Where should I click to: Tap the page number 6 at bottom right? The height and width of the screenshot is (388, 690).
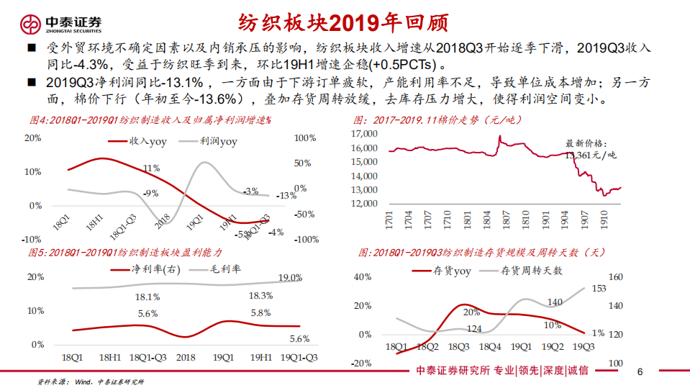pos(640,371)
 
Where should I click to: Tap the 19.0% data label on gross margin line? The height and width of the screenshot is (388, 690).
pos(289,278)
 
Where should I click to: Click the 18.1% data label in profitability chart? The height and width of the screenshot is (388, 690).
pos(147,297)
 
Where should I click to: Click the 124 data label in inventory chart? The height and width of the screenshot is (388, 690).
pos(474,329)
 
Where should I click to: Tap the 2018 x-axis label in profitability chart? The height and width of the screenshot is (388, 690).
pos(185,357)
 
